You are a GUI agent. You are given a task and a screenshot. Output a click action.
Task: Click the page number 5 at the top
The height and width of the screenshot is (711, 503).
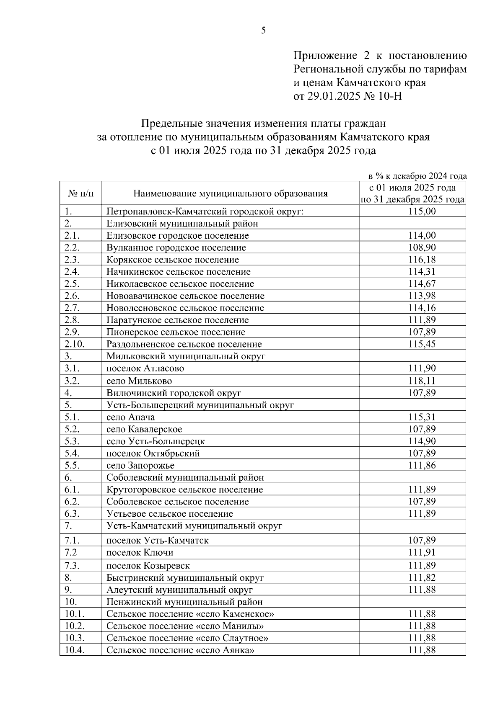point(263,30)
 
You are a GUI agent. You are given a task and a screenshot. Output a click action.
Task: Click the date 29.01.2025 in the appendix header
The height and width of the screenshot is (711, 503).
point(334,96)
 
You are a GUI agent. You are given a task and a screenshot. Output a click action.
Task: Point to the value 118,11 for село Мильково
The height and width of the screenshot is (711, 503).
point(422,381)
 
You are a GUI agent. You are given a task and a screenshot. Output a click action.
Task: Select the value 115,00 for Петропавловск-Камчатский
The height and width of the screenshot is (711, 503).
point(422,211)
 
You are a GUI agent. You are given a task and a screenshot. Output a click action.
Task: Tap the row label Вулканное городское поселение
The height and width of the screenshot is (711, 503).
point(176,247)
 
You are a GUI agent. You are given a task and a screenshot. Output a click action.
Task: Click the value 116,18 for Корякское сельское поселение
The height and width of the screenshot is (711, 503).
point(422,260)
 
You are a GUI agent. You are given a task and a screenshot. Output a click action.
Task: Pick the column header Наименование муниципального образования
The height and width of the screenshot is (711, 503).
point(230,193)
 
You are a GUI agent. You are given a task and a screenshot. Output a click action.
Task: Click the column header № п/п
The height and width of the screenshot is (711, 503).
point(80,193)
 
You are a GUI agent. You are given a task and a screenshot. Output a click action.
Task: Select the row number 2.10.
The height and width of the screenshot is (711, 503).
point(75,344)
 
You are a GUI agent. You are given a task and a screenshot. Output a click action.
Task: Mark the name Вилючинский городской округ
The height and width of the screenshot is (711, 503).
point(174,393)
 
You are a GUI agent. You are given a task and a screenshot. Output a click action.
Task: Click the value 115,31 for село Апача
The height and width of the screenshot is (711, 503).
point(422,417)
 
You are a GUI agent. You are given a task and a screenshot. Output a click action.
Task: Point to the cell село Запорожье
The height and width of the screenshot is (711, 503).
point(140,465)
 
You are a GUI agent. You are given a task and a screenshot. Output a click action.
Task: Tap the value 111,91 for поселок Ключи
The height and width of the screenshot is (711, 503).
point(422,552)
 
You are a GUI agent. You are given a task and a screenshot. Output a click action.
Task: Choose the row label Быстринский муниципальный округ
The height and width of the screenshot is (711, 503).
point(185,578)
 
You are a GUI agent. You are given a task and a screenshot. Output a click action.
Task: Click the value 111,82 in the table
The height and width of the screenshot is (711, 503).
point(422,578)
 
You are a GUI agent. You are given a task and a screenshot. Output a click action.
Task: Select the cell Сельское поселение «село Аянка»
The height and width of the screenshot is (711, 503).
point(180,650)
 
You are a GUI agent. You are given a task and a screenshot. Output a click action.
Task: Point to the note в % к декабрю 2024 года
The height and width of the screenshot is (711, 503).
point(417,176)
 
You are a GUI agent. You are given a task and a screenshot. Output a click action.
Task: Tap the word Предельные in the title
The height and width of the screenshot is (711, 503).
point(172,124)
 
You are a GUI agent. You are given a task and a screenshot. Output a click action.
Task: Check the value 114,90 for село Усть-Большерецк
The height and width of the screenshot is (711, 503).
point(422,441)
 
